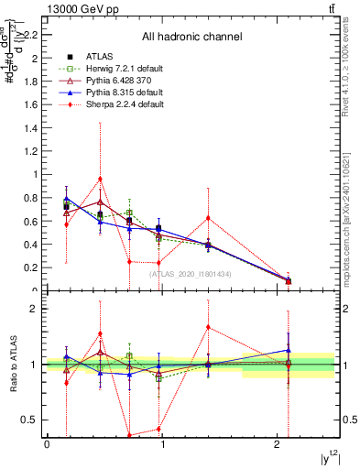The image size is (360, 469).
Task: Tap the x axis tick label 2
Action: tap(278, 444)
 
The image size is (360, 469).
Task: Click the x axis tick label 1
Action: tap(162, 444)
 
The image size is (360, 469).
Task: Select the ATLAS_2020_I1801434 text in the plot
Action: tap(190, 274)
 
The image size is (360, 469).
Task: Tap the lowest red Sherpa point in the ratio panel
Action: tap(130, 436)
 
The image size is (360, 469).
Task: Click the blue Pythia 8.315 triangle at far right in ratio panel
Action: tap(289, 349)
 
